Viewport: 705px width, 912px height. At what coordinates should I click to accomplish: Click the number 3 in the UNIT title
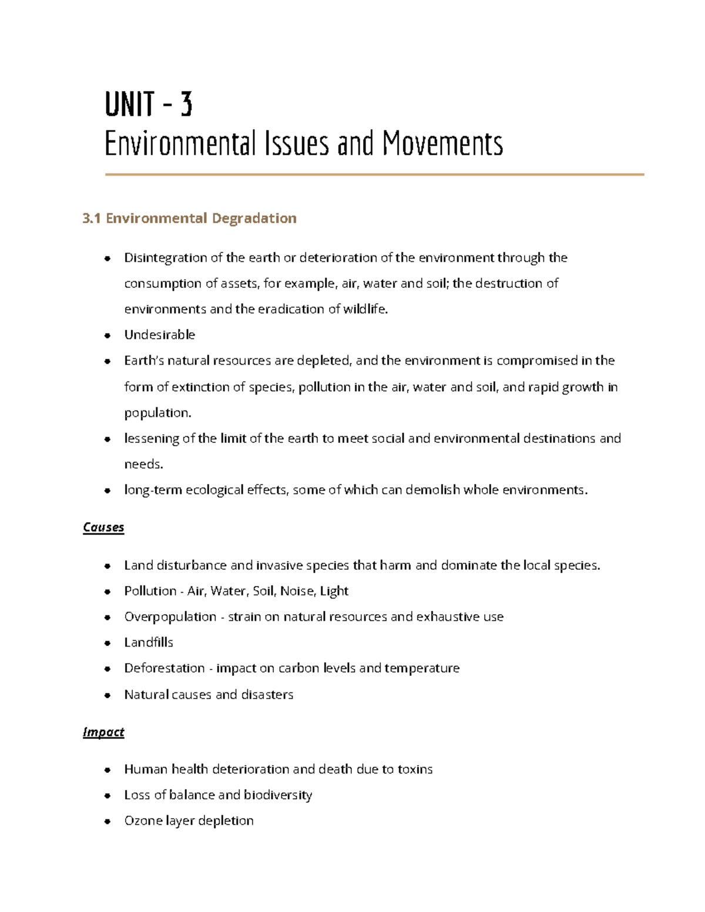186,105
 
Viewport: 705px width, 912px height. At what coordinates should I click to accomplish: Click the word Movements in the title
442,144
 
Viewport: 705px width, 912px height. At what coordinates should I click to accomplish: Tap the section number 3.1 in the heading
92,218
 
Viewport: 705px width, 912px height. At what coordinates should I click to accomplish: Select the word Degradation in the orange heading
254,218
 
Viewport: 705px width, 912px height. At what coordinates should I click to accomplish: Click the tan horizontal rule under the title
374,174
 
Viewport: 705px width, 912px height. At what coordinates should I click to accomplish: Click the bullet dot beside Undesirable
107,335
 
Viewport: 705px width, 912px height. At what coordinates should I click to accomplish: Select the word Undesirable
159,335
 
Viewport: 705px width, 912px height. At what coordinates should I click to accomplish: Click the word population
157,413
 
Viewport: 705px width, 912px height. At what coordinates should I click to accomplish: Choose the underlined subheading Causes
103,527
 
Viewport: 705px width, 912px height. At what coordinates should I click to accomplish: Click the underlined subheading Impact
103,732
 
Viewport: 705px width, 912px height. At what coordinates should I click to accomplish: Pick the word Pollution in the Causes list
150,591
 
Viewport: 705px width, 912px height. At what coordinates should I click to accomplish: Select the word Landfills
149,642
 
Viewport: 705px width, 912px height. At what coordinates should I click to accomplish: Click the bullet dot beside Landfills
107,643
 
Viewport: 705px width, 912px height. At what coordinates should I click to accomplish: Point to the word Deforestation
164,668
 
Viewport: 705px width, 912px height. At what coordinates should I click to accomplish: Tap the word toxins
415,769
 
